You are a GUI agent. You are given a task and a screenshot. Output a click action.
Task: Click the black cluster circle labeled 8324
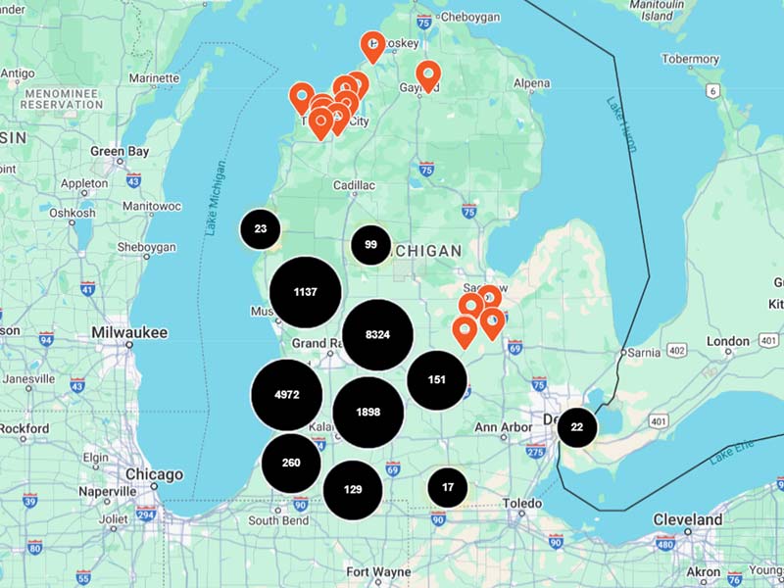point(377,335)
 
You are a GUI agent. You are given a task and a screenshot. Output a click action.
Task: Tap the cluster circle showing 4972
point(286,395)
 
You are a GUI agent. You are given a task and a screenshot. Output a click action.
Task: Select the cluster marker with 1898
point(368,413)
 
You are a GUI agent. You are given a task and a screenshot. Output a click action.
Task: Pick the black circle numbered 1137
point(306,292)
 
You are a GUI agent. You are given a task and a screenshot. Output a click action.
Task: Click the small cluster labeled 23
point(260,229)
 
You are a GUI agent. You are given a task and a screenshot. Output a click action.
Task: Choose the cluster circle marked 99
point(370,245)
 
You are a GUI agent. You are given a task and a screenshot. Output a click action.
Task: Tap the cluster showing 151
point(437,379)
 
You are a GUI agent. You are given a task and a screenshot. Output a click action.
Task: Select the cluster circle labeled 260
point(291,463)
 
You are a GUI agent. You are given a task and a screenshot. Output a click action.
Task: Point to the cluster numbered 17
point(448,487)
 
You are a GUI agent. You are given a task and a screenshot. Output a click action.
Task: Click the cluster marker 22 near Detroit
point(577,427)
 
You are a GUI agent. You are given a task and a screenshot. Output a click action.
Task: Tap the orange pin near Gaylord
point(428,73)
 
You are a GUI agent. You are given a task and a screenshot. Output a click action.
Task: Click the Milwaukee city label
point(129,333)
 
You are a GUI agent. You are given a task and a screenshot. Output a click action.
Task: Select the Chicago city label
point(154,474)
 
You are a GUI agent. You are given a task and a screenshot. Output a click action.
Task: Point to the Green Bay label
point(120,152)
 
